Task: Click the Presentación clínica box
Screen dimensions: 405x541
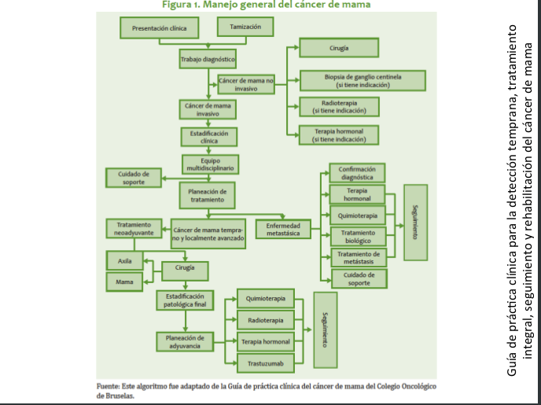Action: [x=159, y=28]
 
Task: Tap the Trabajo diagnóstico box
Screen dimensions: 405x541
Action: [x=207, y=60]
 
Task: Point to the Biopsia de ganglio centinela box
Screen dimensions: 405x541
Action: [x=363, y=80]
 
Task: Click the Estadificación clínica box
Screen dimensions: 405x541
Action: [x=207, y=137]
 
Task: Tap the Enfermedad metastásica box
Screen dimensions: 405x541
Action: [x=283, y=229]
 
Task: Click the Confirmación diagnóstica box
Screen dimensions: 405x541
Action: [x=358, y=173]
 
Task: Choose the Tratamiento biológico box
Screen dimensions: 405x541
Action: [x=358, y=236]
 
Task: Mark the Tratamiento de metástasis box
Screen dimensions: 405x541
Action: [x=358, y=257]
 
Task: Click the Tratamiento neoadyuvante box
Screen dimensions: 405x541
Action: [x=134, y=229]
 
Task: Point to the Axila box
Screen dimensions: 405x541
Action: [x=124, y=260]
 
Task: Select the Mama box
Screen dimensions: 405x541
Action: [x=124, y=281]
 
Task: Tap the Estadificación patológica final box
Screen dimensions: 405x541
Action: [x=185, y=300]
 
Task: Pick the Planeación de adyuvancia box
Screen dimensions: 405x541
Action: [x=185, y=341]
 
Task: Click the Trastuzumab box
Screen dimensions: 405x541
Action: [x=265, y=363]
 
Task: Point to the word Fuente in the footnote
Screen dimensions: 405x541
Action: [x=109, y=387]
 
